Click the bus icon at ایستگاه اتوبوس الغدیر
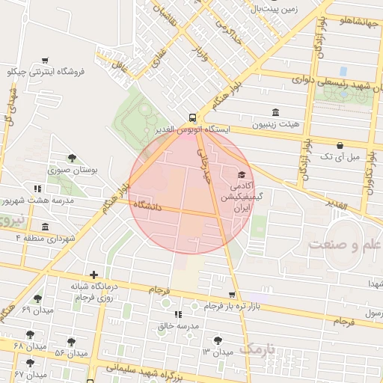(193, 117)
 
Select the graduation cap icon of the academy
(241, 174)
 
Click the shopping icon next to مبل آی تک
(340, 145)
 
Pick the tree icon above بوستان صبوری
(72, 158)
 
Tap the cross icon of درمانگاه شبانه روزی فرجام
(94, 275)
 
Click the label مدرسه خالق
(177, 327)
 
